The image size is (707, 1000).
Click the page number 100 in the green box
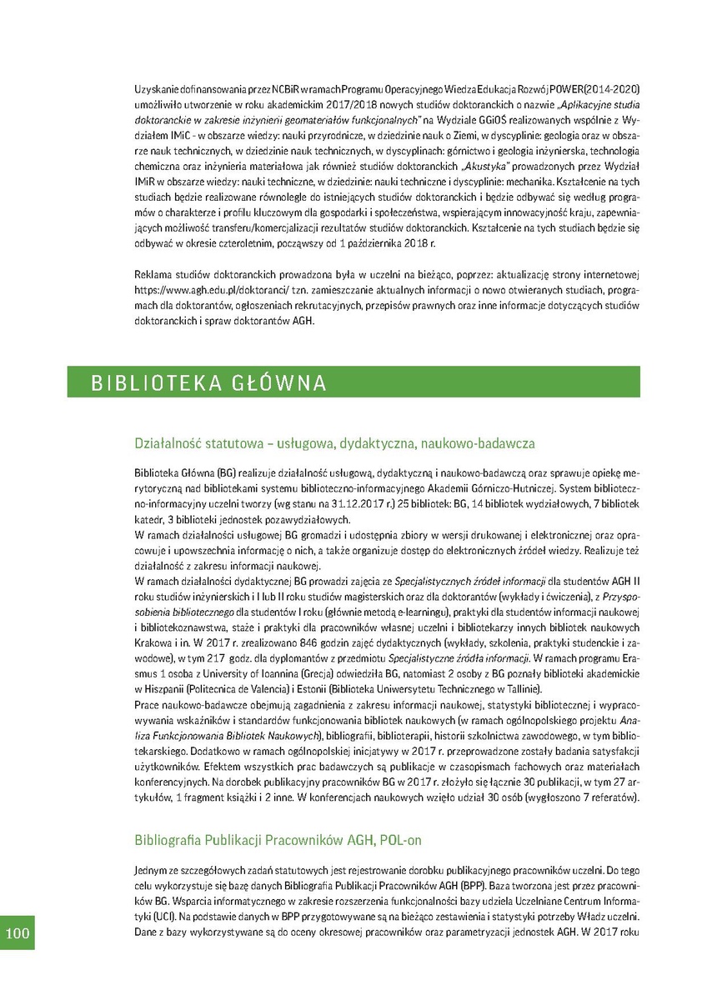click(x=18, y=932)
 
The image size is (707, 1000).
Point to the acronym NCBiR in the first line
click(x=283, y=89)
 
